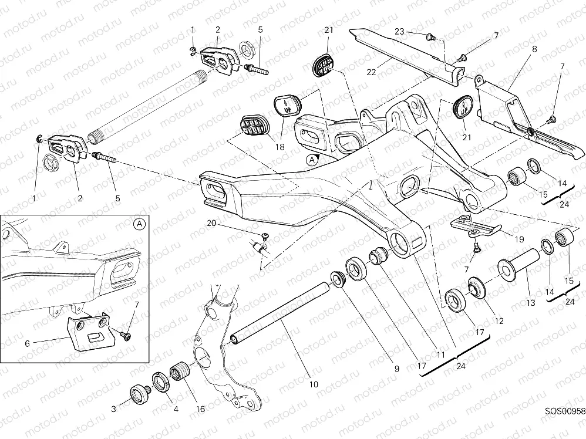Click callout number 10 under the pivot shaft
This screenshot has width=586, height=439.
(x=313, y=384)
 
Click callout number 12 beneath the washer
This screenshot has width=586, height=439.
(x=500, y=321)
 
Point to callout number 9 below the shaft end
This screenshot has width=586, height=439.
(x=396, y=369)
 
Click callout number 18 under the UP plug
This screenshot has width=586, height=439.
(x=280, y=147)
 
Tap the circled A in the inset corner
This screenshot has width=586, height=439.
(x=139, y=224)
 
